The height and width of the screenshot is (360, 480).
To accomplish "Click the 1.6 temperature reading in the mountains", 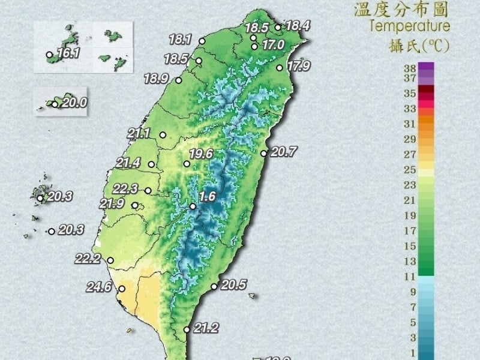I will (x=208, y=196).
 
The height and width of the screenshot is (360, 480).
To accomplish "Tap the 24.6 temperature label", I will (x=99, y=287).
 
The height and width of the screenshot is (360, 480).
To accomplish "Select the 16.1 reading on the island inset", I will (x=68, y=53).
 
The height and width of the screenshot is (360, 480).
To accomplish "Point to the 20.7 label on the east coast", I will (x=283, y=152).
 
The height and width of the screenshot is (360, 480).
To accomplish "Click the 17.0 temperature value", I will (x=273, y=44).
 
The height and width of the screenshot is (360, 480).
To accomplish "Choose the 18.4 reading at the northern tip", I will (x=297, y=26).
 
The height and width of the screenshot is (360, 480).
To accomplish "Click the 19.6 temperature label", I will (x=201, y=154).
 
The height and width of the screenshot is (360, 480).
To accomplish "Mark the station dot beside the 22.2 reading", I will (x=110, y=260).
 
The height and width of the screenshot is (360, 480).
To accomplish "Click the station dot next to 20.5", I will (x=214, y=286).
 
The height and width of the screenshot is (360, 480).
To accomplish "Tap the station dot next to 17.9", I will (x=279, y=68).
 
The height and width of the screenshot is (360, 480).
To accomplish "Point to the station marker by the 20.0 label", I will (x=55, y=104).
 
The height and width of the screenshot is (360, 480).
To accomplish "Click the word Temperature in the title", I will (x=410, y=26).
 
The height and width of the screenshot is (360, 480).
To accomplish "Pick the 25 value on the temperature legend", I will (x=410, y=170).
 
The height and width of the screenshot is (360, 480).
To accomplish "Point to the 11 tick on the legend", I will (x=410, y=277).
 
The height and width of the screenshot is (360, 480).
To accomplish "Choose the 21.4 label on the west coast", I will (x=128, y=163).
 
